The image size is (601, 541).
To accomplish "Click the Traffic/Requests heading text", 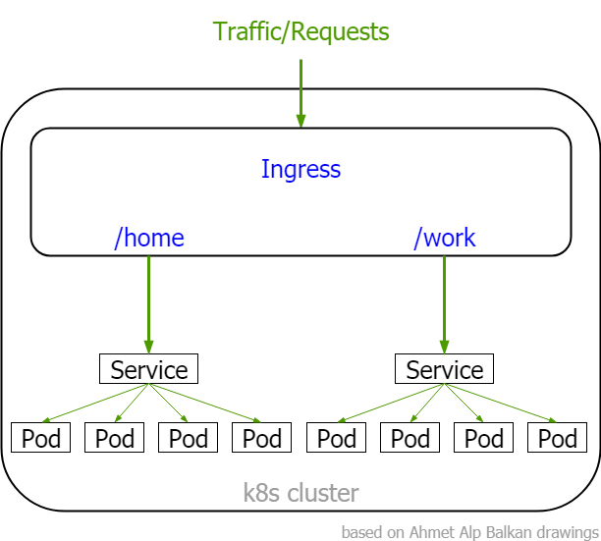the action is pos(301,31).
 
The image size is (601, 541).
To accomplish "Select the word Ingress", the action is pos(300,169).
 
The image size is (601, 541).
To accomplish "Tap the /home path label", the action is pos(149,238).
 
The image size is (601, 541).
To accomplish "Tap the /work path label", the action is pos(445,238).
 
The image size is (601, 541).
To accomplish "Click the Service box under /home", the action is pos(149,369).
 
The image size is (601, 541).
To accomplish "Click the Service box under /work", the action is pos(445,369).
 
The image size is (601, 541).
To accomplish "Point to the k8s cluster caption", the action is pos(300,493).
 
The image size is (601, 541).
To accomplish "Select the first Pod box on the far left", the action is pos(41,438).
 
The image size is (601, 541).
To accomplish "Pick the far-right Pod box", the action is pos(558,438).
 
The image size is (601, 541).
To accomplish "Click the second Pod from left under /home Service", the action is pos(115,438).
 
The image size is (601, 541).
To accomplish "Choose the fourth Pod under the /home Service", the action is pos(262,438).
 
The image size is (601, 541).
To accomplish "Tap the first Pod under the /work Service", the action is pos(337,438).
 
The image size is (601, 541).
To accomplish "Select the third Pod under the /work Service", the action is pos(484,438).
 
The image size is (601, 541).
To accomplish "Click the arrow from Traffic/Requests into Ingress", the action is pos(300,93).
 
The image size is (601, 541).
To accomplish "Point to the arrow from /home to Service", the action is pos(149,299).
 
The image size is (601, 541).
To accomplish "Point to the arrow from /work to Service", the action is pos(445,299).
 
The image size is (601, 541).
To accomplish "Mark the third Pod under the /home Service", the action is pos(189,438).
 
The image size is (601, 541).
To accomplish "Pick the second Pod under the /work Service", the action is pos(410,438).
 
